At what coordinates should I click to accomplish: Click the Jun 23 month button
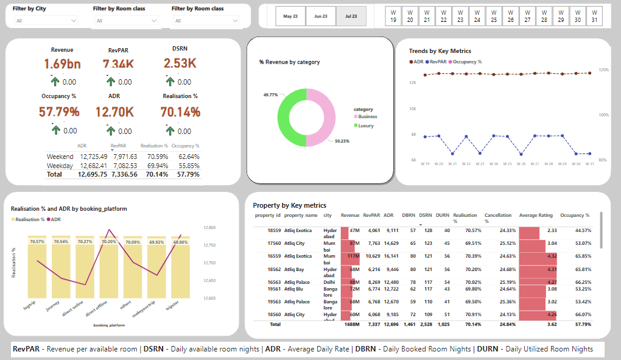click(321, 16)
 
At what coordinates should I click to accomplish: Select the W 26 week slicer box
click(510, 16)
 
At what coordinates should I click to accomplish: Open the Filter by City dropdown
click(46, 21)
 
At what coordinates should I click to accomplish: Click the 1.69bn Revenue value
click(62, 64)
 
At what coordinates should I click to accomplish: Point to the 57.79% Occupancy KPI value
click(59, 112)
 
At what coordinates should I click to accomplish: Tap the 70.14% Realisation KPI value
click(180, 112)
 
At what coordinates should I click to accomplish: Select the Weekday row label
click(60, 166)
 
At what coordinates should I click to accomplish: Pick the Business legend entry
click(367, 116)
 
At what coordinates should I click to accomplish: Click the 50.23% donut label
click(343, 141)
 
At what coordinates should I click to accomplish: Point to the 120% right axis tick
click(603, 70)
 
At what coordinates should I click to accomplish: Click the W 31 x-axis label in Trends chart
click(589, 164)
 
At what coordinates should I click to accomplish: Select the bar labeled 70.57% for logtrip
click(37, 268)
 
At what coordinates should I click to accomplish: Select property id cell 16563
click(274, 282)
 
